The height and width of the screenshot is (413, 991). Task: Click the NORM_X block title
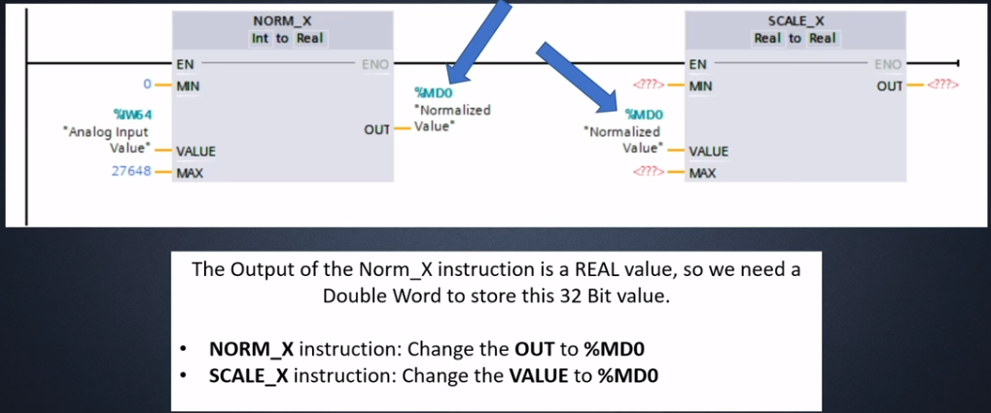(282, 20)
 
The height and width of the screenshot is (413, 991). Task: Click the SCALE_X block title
(796, 20)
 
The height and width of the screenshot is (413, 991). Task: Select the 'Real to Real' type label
(796, 39)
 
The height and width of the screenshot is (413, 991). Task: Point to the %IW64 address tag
(133, 115)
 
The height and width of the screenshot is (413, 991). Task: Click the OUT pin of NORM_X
(376, 129)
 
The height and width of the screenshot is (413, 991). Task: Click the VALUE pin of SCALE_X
(709, 152)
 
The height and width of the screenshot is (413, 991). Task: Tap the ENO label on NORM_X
(374, 64)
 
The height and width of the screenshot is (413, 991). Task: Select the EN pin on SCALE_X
(697, 64)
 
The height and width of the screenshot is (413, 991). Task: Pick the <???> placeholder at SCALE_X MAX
(648, 172)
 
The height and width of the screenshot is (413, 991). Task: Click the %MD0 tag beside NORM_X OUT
(433, 94)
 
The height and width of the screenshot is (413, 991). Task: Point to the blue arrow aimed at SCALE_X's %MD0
(578, 77)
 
